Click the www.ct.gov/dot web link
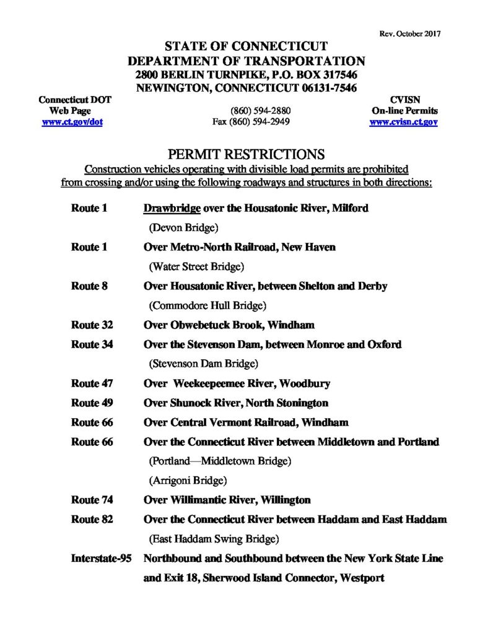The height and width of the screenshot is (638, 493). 72,123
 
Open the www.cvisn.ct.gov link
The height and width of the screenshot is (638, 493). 403,123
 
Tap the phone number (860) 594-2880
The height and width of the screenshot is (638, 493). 260,111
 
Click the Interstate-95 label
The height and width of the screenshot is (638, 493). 102,559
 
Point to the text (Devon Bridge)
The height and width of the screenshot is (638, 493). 184,228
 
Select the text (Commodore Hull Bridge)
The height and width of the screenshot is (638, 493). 207,305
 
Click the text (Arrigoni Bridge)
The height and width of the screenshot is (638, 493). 188,480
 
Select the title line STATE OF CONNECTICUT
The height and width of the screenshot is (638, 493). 246,47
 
